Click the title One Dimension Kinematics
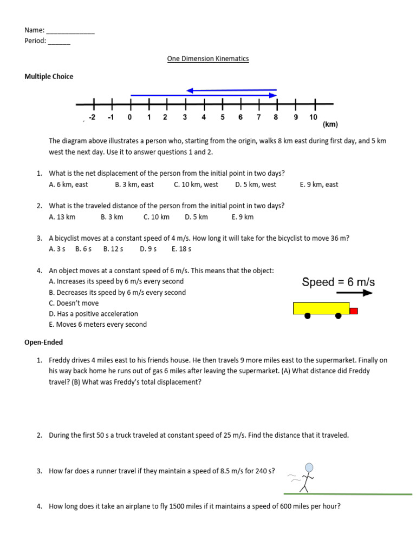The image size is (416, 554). pos(207,58)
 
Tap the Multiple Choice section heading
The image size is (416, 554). pos(49,76)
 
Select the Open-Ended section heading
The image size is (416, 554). pos(43,342)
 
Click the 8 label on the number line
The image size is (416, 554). pos(276,117)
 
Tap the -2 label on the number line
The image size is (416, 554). pos(92,117)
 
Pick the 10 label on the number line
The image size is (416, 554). pos(313,117)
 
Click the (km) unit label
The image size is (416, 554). pos(330,124)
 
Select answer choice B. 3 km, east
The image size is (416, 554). pos(134,184)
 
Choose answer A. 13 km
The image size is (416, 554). pos(62,217)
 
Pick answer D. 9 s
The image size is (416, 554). pos(148,249)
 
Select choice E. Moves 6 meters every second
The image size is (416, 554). pos(97,325)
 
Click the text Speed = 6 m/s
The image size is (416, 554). pos(338,282)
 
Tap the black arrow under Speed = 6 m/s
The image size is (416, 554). pos(359,293)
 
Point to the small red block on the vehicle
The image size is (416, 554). pos(353,311)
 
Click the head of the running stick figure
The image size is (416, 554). pos(309,467)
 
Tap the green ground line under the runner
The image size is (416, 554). pos(347,494)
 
